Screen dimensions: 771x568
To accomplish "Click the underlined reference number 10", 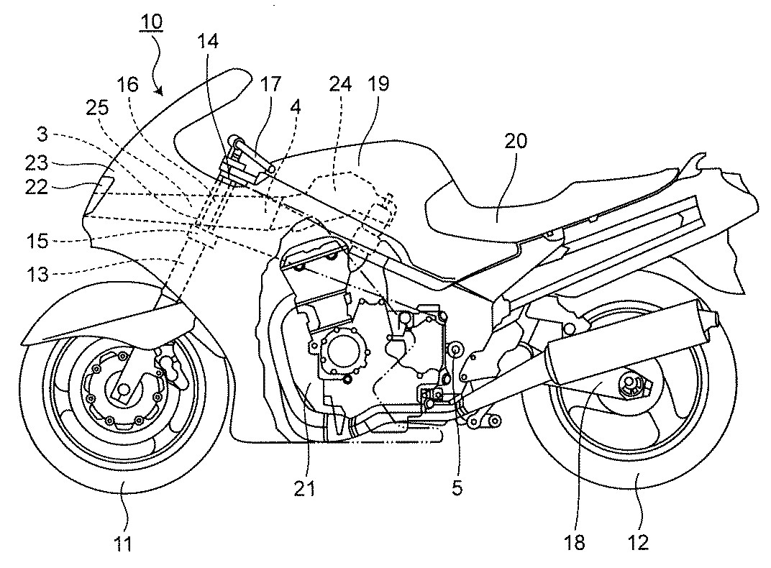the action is pos(151,22).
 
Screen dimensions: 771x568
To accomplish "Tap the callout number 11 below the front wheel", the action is pos(124,544).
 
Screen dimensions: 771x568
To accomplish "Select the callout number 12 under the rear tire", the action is pos(638,542).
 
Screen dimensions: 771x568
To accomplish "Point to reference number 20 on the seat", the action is pos(515,142).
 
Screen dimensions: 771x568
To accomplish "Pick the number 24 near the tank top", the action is pos(340,84).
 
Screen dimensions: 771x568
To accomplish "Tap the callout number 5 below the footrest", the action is pos(457,488).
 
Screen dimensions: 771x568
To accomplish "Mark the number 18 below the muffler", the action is pos(575,542).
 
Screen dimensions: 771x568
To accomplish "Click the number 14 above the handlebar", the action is pos(208,41).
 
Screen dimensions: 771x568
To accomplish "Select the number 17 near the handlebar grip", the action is pos(271,84).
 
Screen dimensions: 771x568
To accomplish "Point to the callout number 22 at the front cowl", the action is pos(37,187).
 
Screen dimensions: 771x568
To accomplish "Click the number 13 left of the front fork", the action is pos(37,274).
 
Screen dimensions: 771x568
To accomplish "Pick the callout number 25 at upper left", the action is pos(97,107).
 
